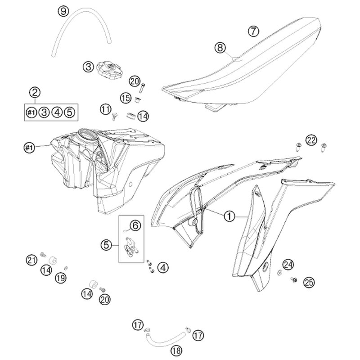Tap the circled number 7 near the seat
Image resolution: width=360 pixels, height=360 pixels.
tap(254, 31)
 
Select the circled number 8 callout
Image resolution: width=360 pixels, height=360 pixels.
tap(220, 47)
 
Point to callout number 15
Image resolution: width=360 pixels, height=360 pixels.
tap(126, 97)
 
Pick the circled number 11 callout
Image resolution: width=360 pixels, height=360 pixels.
tap(105, 109)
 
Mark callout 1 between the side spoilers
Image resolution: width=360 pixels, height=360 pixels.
tap(229, 216)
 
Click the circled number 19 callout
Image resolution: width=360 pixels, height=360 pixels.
tap(60, 278)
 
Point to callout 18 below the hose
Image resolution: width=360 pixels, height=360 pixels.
tap(176, 350)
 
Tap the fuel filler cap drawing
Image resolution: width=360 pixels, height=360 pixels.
tap(109, 69)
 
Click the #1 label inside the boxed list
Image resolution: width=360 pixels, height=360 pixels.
tap(31, 112)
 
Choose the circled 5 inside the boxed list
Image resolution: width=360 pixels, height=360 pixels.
tap(70, 112)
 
